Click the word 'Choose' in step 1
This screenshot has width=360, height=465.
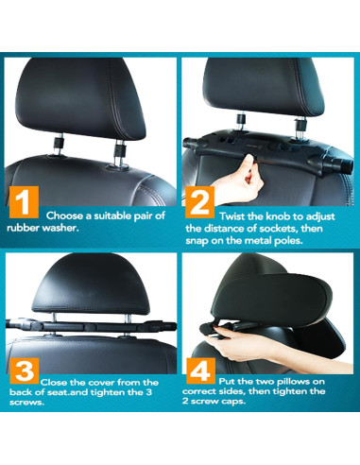click(68, 215)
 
